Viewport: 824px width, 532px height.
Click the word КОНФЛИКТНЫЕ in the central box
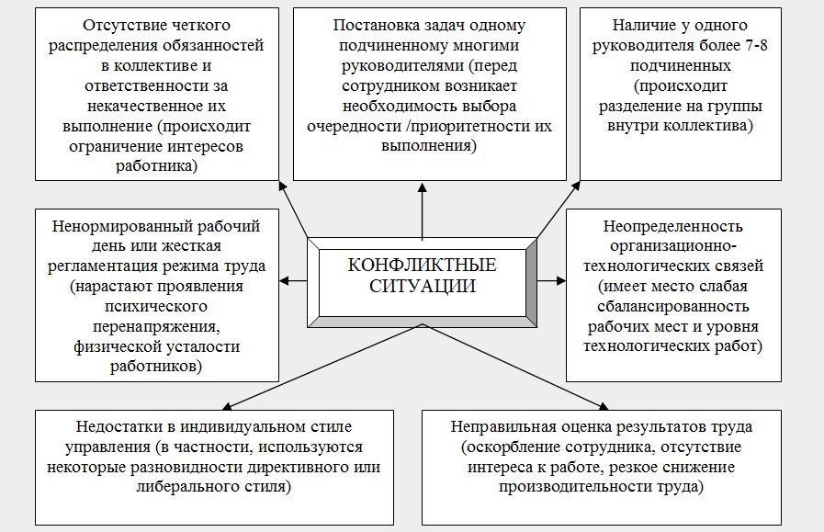tap(423, 266)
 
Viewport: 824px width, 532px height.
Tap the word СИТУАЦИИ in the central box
tap(423, 286)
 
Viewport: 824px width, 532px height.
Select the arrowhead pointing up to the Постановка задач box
tap(423, 187)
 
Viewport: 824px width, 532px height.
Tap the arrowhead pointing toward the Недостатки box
tap(224, 405)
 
